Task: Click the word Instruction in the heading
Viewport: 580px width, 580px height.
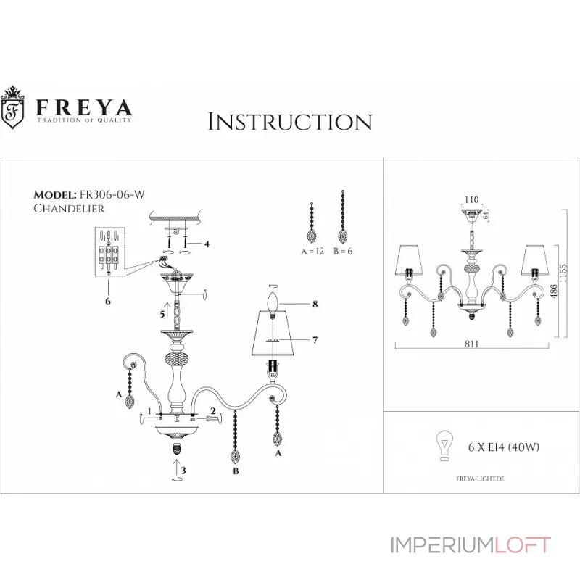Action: (x=290, y=121)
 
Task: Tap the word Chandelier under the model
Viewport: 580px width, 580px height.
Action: (x=70, y=208)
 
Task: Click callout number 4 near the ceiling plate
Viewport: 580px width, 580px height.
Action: (x=206, y=244)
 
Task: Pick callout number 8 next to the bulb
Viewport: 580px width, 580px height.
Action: (x=315, y=305)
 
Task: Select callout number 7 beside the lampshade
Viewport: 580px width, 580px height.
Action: (x=315, y=339)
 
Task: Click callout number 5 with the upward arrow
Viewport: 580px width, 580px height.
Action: (x=163, y=315)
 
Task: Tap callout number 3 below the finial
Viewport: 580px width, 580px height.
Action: (x=183, y=471)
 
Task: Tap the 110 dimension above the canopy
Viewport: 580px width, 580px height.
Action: (x=472, y=199)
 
